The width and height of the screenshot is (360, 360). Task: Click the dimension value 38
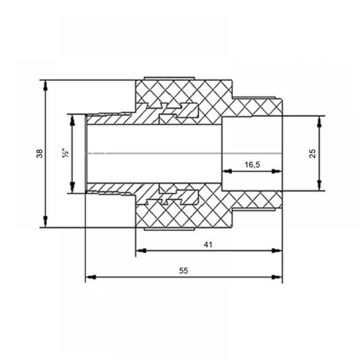[x=40, y=154]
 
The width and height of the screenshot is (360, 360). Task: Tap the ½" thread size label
[x=66, y=154]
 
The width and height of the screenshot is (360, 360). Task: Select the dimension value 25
[x=312, y=154]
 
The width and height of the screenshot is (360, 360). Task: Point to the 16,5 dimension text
[x=252, y=165]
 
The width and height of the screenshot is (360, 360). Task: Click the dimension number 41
[x=208, y=245]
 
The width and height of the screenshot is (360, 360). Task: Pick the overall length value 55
[x=184, y=271]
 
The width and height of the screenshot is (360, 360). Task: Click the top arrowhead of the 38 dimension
[x=45, y=85]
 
